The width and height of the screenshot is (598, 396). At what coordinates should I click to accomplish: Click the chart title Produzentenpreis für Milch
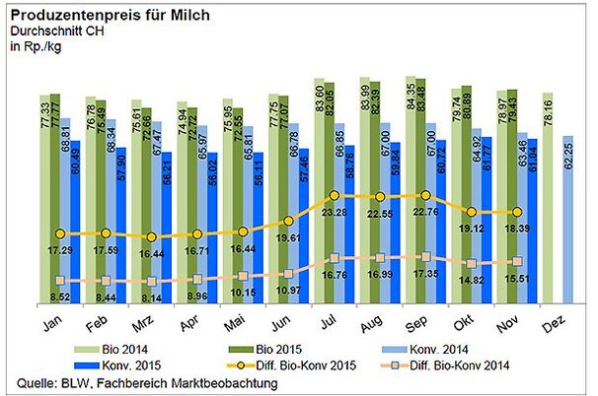point(111,13)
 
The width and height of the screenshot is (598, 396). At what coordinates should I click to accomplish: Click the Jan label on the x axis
point(56,322)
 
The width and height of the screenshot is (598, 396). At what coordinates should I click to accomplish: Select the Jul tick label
point(331,322)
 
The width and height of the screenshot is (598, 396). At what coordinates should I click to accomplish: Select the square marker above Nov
point(517,261)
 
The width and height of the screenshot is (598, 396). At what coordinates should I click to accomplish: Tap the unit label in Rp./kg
point(36,45)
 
